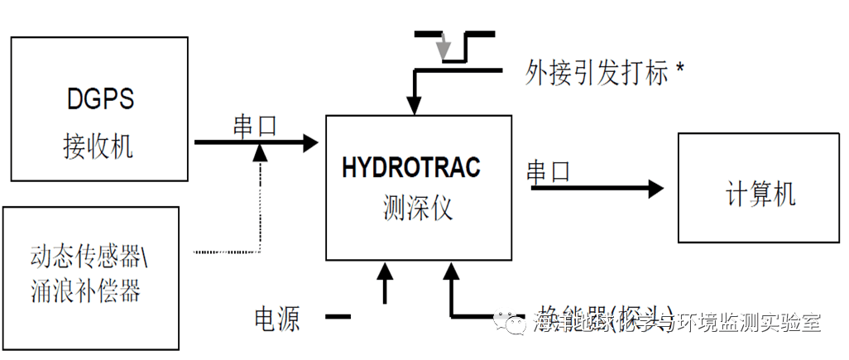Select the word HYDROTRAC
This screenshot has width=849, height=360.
pos(410,167)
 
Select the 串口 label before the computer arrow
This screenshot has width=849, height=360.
pos(549,171)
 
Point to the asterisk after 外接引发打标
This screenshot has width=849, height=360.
pos(680,70)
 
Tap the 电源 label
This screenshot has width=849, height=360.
pos(277,319)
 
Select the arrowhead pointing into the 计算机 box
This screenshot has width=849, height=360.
pos(655,190)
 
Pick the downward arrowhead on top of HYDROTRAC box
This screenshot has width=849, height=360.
pos(414,104)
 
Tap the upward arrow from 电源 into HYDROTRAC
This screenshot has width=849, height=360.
pos(384,273)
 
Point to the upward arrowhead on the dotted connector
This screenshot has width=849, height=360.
pos(260,151)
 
